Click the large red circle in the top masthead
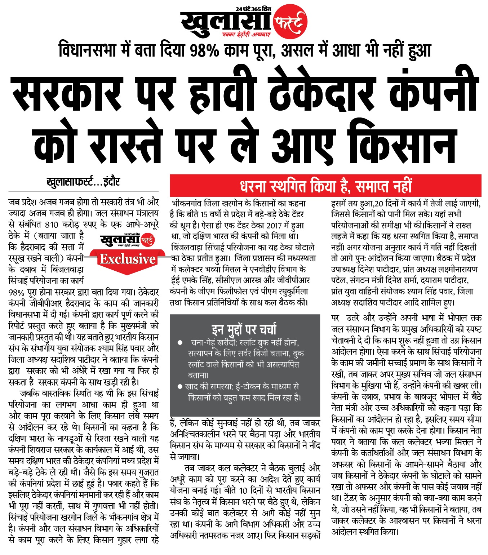click(290, 22)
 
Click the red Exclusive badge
click(128, 259)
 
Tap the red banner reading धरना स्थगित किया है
click(325, 186)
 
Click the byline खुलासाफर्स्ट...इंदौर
click(83, 182)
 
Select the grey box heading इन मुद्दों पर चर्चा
click(244, 329)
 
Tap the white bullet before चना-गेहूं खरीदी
click(180, 342)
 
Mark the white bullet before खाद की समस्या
click(180, 387)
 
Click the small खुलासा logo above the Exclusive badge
click(128, 240)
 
